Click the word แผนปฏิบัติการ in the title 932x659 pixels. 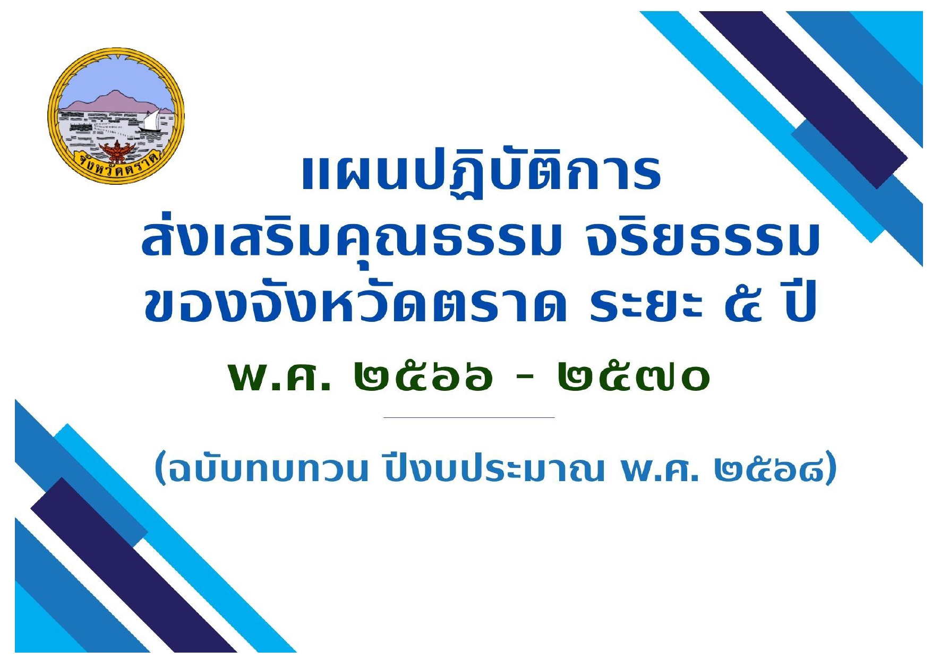pos(481,173)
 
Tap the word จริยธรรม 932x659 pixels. pos(702,239)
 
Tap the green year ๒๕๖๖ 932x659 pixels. pos(423,376)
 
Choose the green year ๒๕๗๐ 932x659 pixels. pos(634,376)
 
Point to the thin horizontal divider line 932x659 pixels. pos(469,418)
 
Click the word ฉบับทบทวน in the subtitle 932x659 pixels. pos(261,468)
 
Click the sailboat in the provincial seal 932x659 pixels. pos(151,120)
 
